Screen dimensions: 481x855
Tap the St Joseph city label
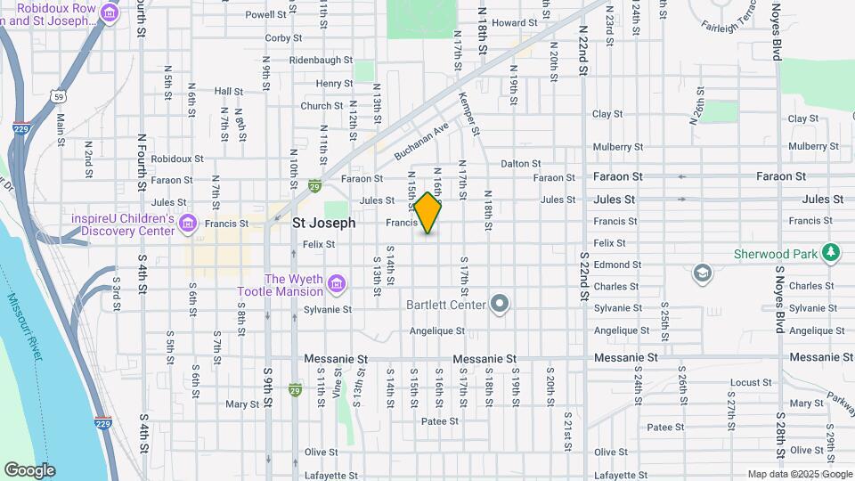[x=323, y=223]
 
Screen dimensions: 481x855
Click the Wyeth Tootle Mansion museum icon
[x=337, y=284]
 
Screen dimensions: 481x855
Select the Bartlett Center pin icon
[x=500, y=305]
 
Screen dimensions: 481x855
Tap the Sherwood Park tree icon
[x=831, y=253]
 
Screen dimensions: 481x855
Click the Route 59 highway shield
[x=59, y=94]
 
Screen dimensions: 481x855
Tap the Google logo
[x=29, y=470]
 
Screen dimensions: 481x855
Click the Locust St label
[x=750, y=383]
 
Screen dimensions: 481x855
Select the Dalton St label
[x=521, y=163]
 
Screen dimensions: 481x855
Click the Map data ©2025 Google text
[x=800, y=474]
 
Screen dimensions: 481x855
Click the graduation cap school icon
[x=702, y=272]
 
